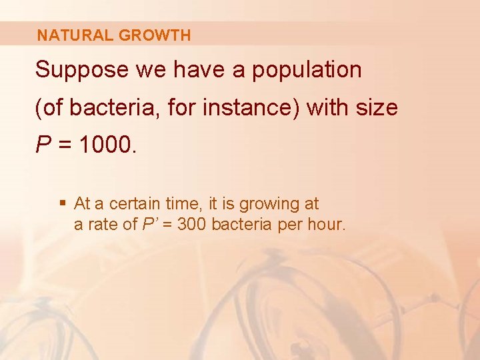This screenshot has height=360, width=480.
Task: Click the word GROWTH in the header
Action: (155, 35)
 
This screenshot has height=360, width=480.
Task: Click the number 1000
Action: (107, 144)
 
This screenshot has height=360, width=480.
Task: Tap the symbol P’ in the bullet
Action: (149, 225)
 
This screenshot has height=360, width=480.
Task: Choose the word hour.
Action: (327, 225)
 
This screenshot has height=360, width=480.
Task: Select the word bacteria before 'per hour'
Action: (241, 225)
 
